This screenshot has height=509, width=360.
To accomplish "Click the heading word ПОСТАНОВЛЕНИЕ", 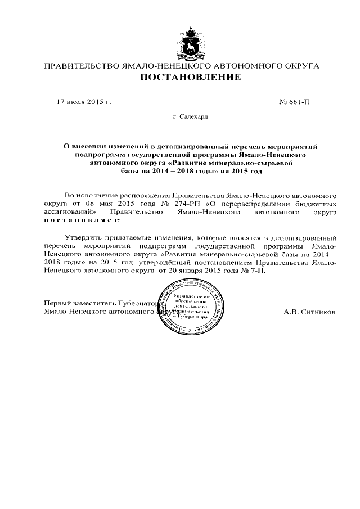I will [190, 77].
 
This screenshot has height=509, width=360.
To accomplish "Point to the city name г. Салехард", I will [190, 117].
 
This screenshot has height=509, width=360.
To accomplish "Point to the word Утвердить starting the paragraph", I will [84, 238].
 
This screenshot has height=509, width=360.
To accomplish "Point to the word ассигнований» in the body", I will [68, 213].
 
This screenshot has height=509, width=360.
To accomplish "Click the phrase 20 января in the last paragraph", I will [188, 270].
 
